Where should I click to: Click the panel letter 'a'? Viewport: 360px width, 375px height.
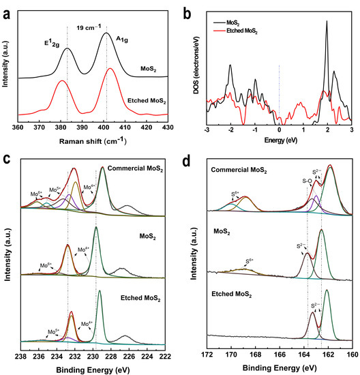point(5,7)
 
